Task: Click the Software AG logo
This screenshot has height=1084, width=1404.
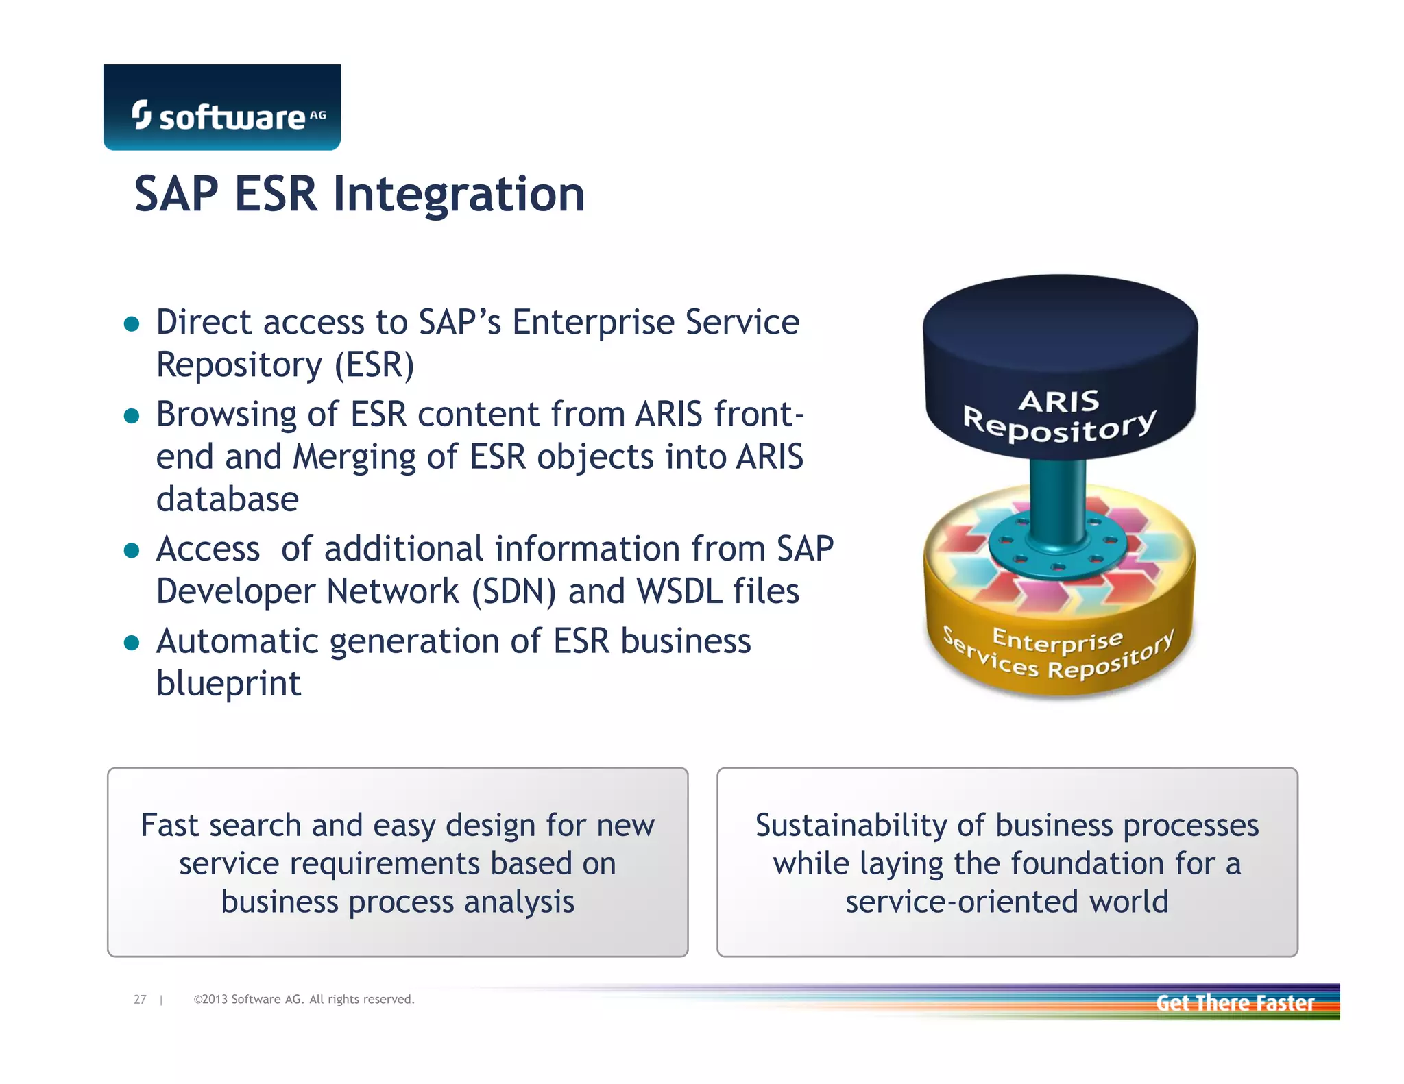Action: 221,108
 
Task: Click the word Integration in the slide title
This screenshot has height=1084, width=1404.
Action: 459,195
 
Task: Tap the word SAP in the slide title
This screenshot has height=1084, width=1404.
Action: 176,195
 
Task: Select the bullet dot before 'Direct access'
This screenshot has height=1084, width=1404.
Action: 132,323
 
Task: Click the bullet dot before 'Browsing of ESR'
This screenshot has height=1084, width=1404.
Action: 132,416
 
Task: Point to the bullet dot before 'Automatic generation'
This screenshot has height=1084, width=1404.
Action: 132,643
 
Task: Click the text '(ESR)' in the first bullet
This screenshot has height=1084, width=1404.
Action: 374,365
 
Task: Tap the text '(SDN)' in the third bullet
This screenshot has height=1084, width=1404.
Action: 513,592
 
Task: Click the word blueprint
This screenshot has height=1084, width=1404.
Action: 228,684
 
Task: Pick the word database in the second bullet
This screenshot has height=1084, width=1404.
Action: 228,500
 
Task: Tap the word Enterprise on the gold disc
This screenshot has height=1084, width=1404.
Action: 1057,640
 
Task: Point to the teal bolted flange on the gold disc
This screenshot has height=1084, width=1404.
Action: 1057,548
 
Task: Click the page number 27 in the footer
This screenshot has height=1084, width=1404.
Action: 140,1000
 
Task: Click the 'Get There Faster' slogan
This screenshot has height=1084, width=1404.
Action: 1235,1003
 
